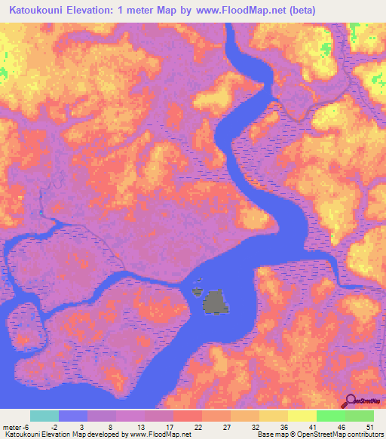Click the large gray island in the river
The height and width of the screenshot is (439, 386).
pyautogui.click(x=216, y=302)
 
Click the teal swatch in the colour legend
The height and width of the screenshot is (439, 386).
pyautogui.click(x=44, y=416)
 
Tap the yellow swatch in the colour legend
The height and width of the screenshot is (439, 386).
pyautogui.click(x=302, y=416)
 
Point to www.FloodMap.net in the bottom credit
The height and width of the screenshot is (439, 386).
pyautogui.click(x=160, y=434)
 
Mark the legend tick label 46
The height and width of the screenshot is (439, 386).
pyautogui.click(x=342, y=426)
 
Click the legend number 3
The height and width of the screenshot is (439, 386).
pyautogui.click(x=72, y=426)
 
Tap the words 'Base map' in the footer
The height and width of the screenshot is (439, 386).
pyautogui.click(x=268, y=434)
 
